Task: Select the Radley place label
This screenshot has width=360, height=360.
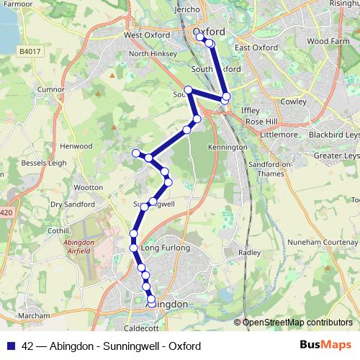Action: click(249, 253)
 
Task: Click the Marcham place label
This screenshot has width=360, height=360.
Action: click(35, 315)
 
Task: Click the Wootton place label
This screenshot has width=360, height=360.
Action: click(89, 187)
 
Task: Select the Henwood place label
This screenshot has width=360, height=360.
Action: click(76, 146)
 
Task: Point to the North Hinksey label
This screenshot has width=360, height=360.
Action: click(148, 53)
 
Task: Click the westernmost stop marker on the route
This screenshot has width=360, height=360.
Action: click(135, 151)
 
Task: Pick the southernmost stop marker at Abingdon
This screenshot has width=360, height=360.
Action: click(151, 299)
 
